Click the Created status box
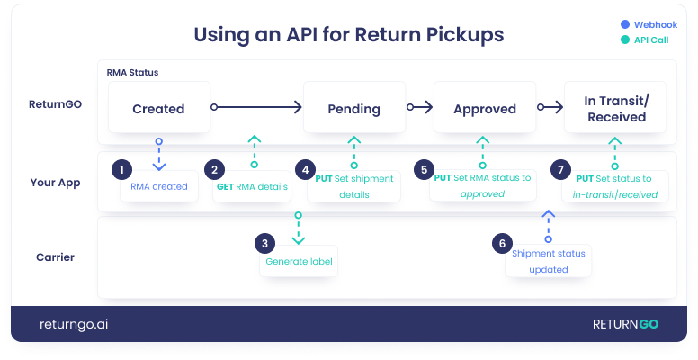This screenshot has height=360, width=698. tap(158, 109)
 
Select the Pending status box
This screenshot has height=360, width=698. tap(354, 109)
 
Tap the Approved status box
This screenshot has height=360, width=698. tap(484, 109)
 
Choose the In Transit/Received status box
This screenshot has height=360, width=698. tap(616, 109)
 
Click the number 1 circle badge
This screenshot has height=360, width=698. tap(121, 169)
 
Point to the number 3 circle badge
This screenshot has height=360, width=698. tap(264, 243)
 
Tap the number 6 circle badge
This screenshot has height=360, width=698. tap(504, 243)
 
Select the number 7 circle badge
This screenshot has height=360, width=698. tap(561, 169)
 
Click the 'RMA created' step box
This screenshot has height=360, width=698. tap(158, 187)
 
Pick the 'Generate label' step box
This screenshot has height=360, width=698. tap(299, 262)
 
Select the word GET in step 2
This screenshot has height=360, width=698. tap(224, 187)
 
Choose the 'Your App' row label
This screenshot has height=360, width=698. tap(55, 183)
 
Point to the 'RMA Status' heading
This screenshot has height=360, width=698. tap(133, 72)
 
